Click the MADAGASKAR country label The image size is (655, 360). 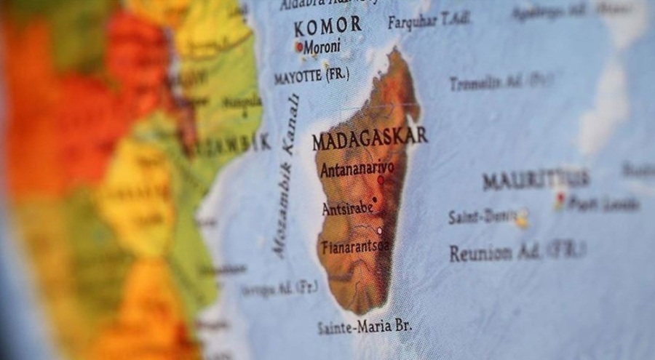pyautogui.click(x=370, y=137)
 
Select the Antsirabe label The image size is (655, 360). pyautogui.click(x=347, y=208)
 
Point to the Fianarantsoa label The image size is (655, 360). pyautogui.click(x=354, y=247)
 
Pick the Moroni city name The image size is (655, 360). pyautogui.click(x=322, y=46)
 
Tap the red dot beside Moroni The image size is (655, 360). pyautogui.click(x=298, y=47)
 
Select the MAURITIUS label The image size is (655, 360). pyautogui.click(x=536, y=179)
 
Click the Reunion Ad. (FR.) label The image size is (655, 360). pyautogui.click(x=517, y=252)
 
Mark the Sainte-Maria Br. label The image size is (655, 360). pyautogui.click(x=363, y=327)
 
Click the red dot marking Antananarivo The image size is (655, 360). pyautogui.click(x=380, y=179)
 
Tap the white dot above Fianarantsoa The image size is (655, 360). pyautogui.click(x=379, y=231)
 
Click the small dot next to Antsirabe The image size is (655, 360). pyautogui.click(x=375, y=199)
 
